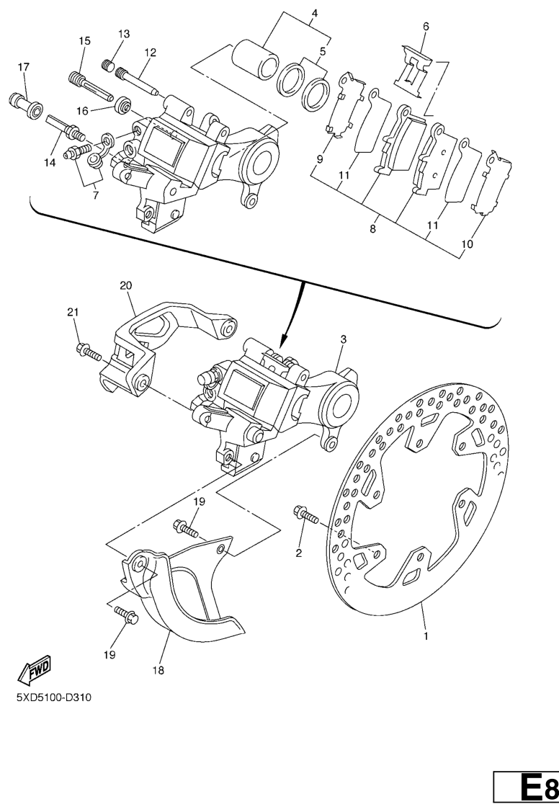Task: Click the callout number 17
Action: [23, 67]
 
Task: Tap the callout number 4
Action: [314, 13]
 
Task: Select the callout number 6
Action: [426, 26]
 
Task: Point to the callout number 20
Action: [126, 285]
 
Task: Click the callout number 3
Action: [343, 339]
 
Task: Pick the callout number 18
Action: [158, 670]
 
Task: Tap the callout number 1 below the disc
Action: [426, 635]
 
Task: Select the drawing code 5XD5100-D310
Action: [54, 697]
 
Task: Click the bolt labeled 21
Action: [89, 352]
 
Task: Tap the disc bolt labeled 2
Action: [307, 514]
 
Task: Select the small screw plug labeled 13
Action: [107, 66]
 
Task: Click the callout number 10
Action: [467, 244]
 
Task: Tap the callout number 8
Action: [372, 228]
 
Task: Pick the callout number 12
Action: [150, 53]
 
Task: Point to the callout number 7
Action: [95, 196]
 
